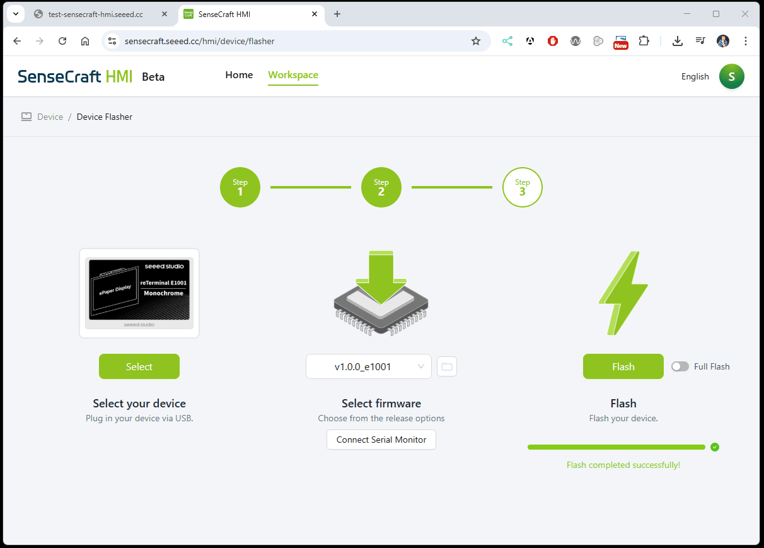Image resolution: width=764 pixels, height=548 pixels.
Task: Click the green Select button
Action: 139,366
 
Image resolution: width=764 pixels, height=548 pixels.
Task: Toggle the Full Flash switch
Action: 680,366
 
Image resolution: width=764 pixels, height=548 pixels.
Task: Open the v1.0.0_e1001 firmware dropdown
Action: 368,366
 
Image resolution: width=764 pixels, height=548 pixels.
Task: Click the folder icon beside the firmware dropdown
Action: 447,366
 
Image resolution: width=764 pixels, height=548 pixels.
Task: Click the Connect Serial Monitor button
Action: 381,440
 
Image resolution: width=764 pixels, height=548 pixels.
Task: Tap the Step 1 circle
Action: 240,187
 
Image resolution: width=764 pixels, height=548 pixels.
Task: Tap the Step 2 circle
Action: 381,187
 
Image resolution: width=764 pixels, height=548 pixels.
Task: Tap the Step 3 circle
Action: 522,187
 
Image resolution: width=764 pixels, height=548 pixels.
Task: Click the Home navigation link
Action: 239,75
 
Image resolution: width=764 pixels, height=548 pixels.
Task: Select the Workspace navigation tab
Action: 293,75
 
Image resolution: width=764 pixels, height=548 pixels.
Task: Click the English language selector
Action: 695,76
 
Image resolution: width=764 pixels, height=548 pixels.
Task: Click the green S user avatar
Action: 732,76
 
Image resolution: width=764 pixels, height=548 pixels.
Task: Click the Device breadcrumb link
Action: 50,117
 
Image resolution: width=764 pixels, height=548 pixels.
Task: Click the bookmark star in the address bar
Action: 475,41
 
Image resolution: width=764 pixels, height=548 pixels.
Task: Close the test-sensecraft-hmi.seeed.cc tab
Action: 165,14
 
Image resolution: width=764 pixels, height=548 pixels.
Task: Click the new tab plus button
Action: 337,14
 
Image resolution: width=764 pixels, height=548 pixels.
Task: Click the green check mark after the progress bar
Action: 715,447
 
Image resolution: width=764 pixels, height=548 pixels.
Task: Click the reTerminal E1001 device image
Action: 139,293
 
